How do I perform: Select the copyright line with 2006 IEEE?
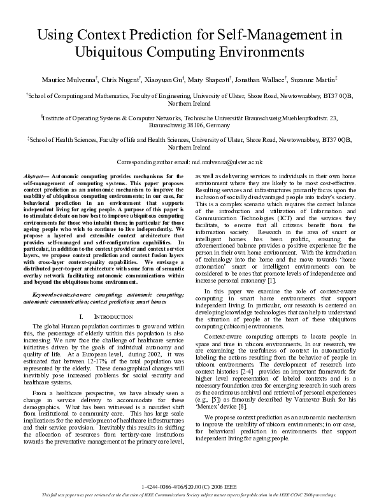click(x=190, y=486)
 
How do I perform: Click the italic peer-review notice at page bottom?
click(x=190, y=494)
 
